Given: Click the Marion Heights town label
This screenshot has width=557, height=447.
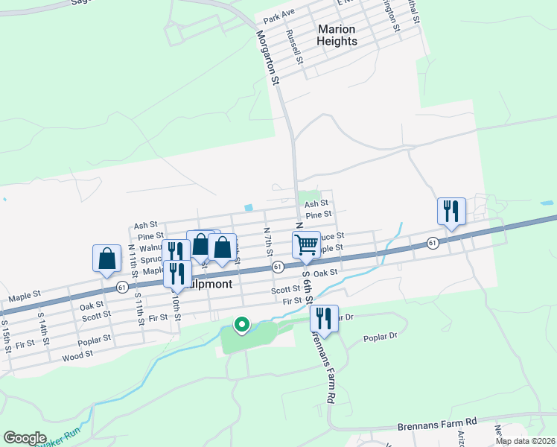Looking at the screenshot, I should (337, 35).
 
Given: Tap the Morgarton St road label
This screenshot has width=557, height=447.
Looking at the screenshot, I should (269, 57).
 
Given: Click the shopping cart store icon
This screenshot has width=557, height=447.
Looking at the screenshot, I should (307, 245).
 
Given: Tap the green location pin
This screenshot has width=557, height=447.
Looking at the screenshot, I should (241, 325).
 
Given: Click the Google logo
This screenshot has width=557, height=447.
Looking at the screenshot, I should (25, 438).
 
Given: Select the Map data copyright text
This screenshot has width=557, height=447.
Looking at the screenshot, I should (524, 441).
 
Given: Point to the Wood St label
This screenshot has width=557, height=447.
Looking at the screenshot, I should (77, 355).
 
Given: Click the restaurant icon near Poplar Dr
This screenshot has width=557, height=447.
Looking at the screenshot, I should (324, 318).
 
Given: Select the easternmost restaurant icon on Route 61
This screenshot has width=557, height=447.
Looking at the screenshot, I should (451, 211).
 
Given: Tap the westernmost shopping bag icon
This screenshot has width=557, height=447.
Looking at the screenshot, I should (107, 258).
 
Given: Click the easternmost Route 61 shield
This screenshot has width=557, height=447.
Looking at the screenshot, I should (432, 243).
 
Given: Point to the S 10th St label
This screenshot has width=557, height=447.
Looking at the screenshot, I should (176, 305).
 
